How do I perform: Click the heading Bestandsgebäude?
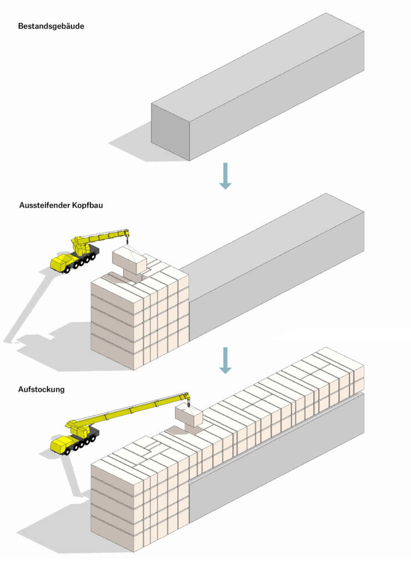coord(51,26)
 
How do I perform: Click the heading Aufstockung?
coord(42,389)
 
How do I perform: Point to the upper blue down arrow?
coord(225,175)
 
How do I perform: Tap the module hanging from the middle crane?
coord(129,260)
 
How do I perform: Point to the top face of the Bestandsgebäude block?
coord(255,67)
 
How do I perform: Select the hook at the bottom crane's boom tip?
coord(188,401)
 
